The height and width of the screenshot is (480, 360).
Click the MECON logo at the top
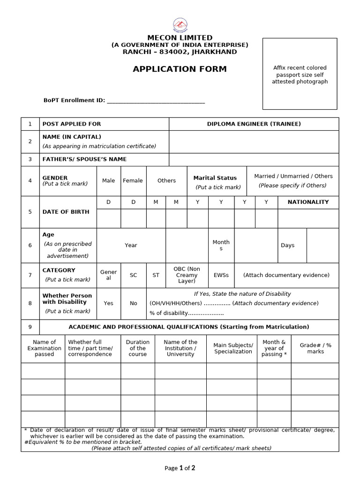click(x=180, y=24)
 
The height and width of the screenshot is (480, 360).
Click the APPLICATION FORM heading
click(x=180, y=69)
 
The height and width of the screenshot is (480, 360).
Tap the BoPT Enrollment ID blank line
click(x=156, y=100)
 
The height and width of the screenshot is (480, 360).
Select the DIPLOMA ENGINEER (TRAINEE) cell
click(x=254, y=124)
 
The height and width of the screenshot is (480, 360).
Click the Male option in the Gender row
click(x=108, y=180)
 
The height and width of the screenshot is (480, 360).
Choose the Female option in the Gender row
click(x=133, y=180)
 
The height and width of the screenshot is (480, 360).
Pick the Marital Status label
click(x=215, y=178)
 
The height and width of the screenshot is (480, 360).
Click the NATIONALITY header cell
click(x=308, y=202)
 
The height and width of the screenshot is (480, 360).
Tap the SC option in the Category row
click(x=134, y=275)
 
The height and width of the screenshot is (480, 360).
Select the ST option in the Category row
click(x=156, y=275)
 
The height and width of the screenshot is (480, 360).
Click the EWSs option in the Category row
click(x=221, y=275)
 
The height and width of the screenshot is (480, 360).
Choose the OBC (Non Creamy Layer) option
click(x=187, y=275)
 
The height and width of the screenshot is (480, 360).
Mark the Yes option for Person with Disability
click(x=108, y=303)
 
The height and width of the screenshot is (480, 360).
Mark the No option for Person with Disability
click(x=134, y=303)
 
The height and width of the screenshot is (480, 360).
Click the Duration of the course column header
click(x=138, y=348)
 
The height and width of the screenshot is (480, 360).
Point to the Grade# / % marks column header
click(x=315, y=348)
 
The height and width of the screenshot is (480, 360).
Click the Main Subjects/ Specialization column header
click(x=232, y=348)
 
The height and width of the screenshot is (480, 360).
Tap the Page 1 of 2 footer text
click(x=180, y=468)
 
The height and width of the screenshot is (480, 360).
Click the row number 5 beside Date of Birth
click(x=30, y=212)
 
